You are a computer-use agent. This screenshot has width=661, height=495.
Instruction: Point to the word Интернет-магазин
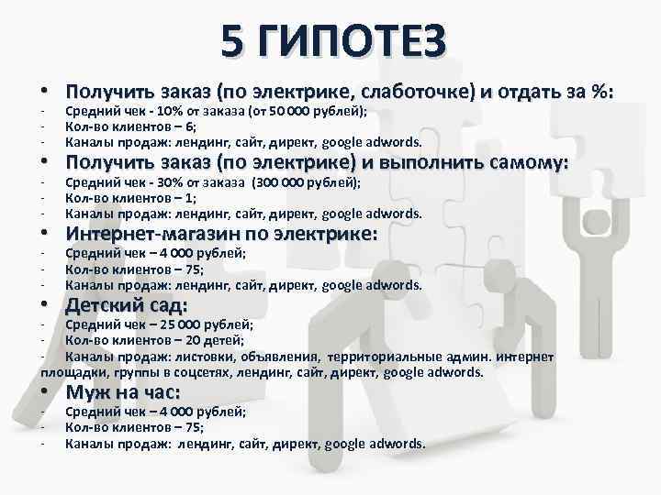tap(152, 235)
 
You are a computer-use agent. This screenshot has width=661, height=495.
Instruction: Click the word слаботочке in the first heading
tap(416, 92)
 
